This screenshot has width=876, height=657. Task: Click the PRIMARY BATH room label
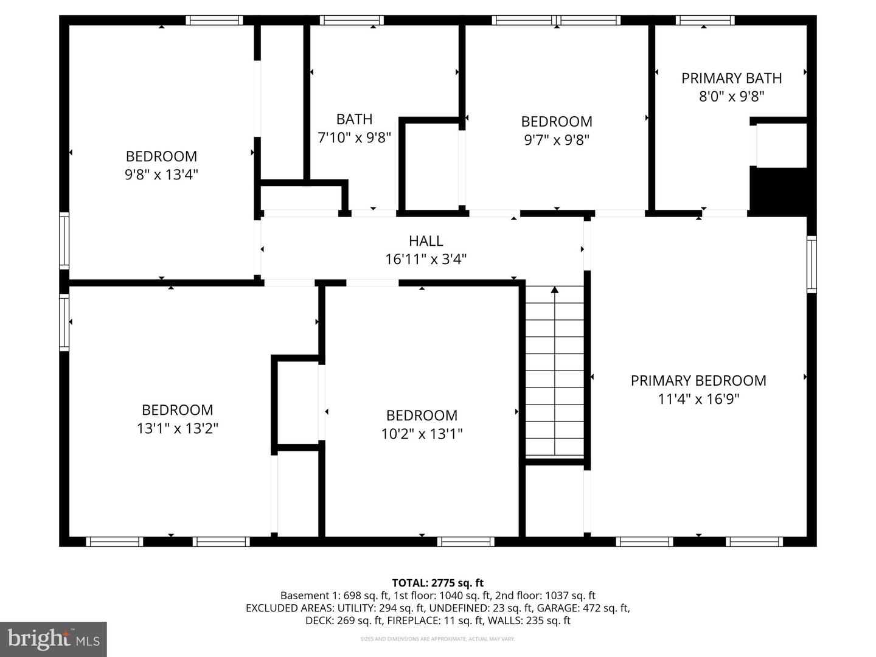click(731, 78)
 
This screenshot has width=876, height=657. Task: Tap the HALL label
click(426, 241)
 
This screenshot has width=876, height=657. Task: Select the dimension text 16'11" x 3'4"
click(426, 260)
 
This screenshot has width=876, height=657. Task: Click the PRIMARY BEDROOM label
click(698, 381)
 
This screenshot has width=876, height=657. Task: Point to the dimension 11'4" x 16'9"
click(698, 399)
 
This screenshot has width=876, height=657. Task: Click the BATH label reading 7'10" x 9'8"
click(354, 119)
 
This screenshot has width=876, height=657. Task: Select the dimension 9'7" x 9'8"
click(557, 140)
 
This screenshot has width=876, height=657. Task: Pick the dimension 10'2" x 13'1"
click(422, 434)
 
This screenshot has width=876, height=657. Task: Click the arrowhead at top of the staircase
click(554, 290)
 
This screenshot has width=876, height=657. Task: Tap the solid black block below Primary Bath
click(781, 190)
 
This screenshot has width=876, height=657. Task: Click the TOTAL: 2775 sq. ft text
click(437, 583)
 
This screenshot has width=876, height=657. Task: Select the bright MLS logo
click(54, 639)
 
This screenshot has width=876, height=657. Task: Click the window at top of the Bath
click(352, 20)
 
